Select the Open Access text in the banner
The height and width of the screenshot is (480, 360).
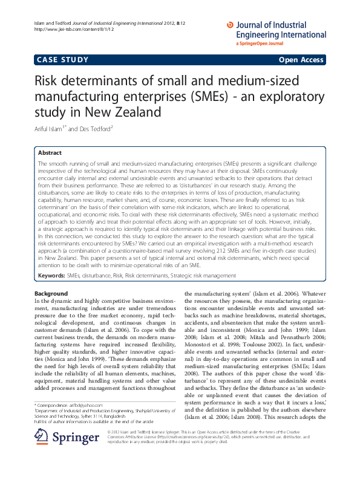point(301,60)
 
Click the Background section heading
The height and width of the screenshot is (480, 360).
point(51,293)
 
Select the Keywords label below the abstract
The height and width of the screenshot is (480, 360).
point(51,275)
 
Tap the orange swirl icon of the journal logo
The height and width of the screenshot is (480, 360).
point(229,25)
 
